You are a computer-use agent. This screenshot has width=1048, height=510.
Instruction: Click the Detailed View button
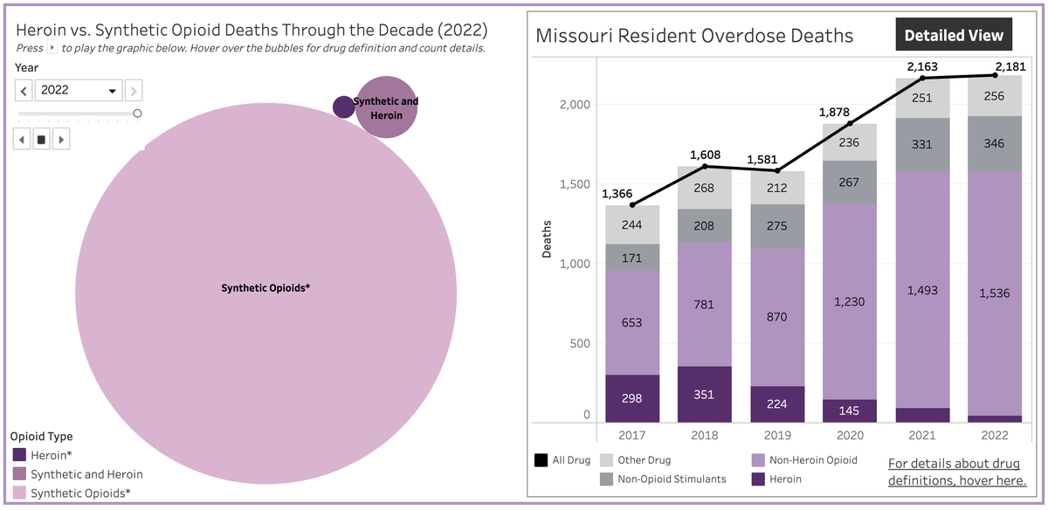click(954, 36)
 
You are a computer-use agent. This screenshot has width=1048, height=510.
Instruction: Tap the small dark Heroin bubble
click(343, 107)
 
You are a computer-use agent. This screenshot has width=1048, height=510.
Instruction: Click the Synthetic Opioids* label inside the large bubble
click(265, 287)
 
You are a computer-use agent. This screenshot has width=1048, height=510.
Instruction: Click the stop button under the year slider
click(41, 139)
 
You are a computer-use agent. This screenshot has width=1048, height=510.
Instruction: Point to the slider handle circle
click(137, 114)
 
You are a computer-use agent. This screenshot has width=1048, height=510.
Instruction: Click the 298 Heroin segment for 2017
click(631, 398)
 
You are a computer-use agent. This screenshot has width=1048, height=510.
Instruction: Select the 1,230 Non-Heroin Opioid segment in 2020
click(848, 301)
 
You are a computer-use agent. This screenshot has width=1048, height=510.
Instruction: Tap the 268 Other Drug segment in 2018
click(704, 189)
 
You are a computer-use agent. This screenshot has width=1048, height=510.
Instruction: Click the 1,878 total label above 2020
click(835, 112)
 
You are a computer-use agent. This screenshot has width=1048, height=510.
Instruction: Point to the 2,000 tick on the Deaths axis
click(574, 105)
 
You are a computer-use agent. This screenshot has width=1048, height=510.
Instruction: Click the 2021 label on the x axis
click(921, 435)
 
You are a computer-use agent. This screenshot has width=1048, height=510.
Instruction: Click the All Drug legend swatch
click(541, 460)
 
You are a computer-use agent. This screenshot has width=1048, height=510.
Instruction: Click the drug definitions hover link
click(957, 472)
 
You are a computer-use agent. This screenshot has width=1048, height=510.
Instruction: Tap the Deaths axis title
click(548, 241)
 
